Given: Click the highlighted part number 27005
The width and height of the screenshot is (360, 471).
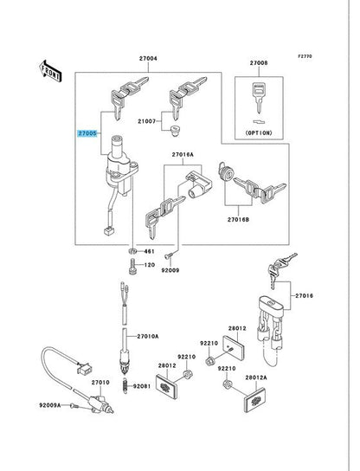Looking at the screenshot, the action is pos(87,133).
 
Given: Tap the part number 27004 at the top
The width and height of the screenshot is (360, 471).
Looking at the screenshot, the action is pos(148,59).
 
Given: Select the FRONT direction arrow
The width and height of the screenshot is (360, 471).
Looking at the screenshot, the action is pos(50,72).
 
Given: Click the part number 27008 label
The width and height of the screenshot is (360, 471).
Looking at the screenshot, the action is pos(259,63).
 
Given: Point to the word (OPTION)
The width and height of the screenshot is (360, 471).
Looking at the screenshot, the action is pos(259,132).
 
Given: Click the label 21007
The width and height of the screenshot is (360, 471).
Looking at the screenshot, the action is pos(147,121).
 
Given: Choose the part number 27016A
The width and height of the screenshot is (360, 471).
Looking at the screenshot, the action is pos(183,155).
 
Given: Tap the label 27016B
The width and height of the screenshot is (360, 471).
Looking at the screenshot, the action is pos(238,220).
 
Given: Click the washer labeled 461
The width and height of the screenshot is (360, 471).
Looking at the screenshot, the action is pos(132,251).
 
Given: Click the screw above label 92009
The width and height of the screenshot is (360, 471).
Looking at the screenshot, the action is pos(169,255).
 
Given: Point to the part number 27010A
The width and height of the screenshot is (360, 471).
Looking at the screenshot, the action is pos(148,337).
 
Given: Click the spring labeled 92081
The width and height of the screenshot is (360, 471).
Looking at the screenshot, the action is pos(125,386).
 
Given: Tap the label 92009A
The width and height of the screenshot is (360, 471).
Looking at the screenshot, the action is pos(50,405).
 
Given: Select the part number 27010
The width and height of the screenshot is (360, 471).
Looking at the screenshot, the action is pos(100,383).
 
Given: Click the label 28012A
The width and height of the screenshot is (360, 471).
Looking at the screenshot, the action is pos(256,377).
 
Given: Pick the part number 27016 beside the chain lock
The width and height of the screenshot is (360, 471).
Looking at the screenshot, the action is pos(304,296).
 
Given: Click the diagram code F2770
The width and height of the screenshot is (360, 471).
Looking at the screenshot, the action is pos(305,56).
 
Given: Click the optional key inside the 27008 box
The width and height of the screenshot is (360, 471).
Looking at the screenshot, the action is pos(259,98).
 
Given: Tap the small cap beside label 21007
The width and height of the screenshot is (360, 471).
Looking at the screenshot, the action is pos(174,131).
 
